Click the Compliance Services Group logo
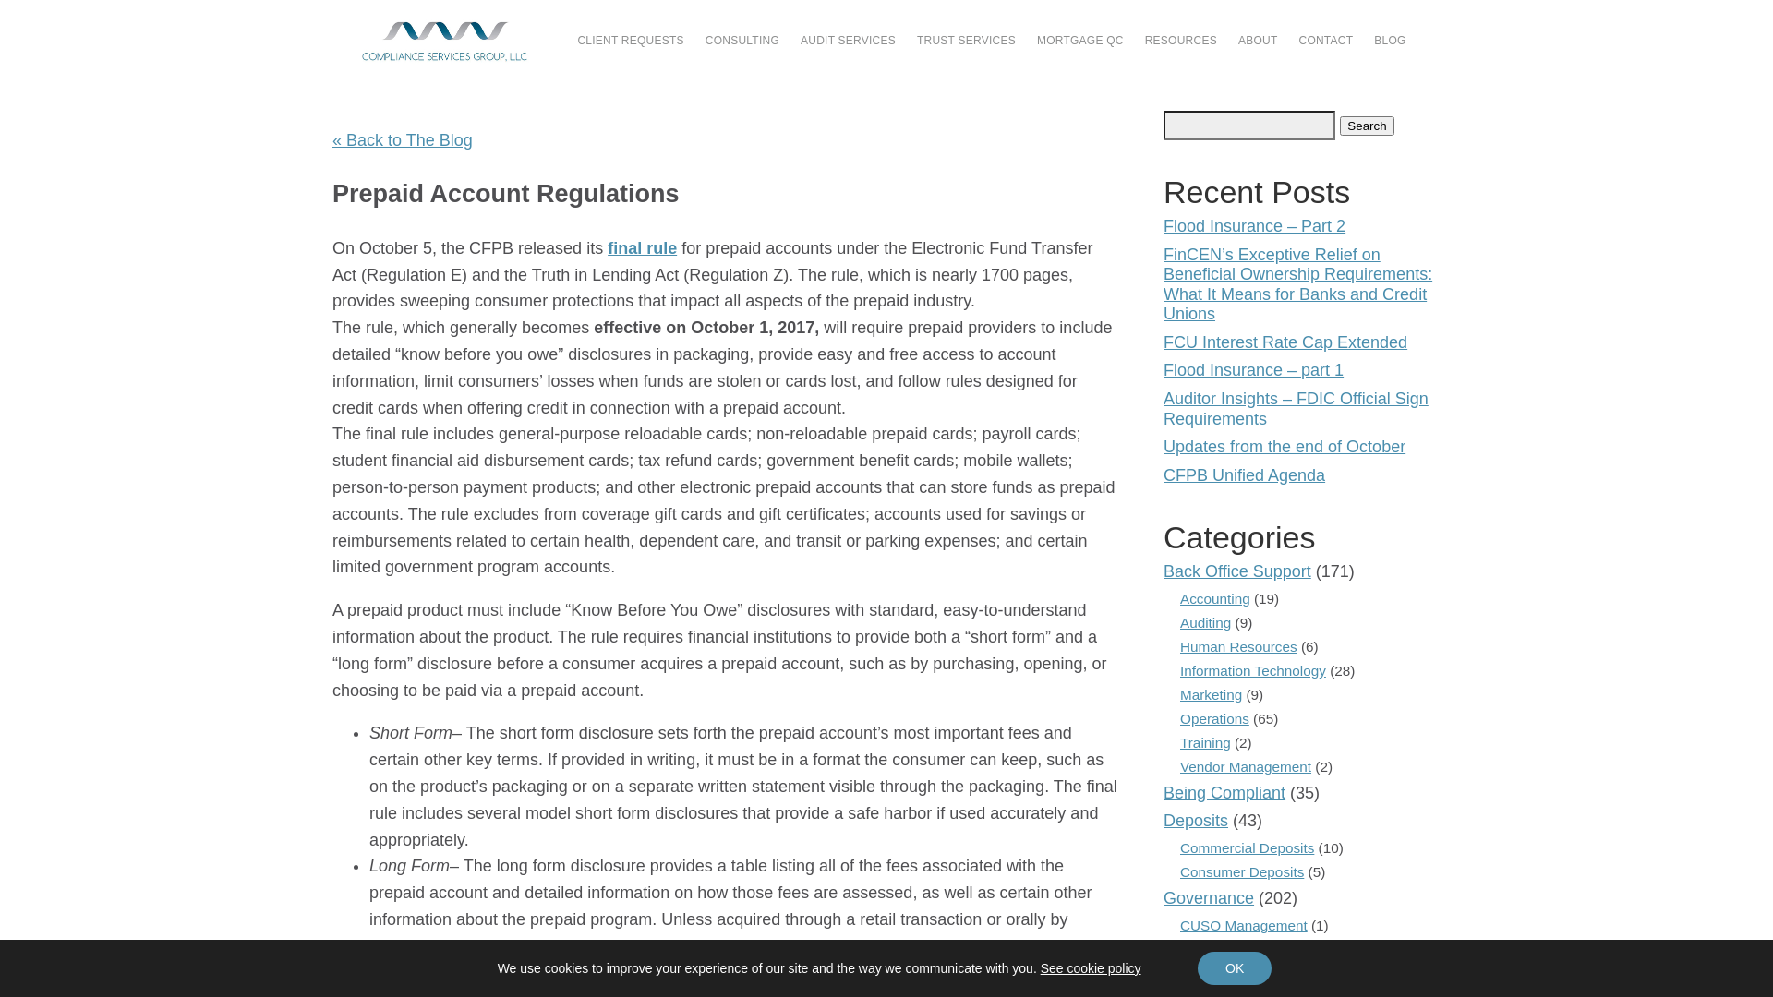pyautogui.click(x=444, y=42)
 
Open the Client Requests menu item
pyautogui.click(x=631, y=41)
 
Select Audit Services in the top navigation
pyautogui.click(x=848, y=41)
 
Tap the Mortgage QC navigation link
pyautogui.click(x=1079, y=41)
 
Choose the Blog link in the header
pyautogui.click(x=1389, y=41)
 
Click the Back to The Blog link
pyautogui.click(x=403, y=140)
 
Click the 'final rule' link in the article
pyautogui.click(x=642, y=248)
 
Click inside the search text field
pyautogui.click(x=1248, y=126)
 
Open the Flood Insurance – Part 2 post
pyautogui.click(x=1254, y=226)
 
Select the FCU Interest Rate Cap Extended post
pyautogui.click(x=1285, y=342)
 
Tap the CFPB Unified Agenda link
pyautogui.click(x=1244, y=475)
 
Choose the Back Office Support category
pyautogui.click(x=1236, y=571)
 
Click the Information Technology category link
pyautogui.click(x=1252, y=671)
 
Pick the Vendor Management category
pyautogui.click(x=1245, y=767)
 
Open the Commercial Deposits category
pyautogui.click(x=1247, y=848)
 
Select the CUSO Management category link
pyautogui.click(x=1243, y=926)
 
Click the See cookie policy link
pyautogui.click(x=1091, y=968)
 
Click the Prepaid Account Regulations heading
pyautogui.click(x=505, y=194)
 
